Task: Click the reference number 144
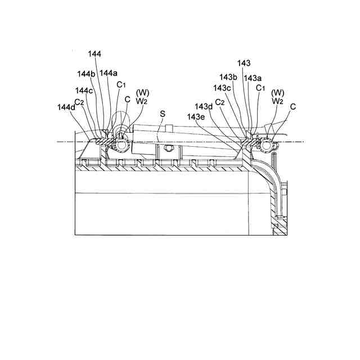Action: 94,53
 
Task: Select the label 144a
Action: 109,73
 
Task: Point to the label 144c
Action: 84,90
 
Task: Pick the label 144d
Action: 65,107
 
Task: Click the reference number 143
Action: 244,64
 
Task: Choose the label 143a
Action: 253,78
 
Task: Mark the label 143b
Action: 228,77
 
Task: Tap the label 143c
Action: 222,88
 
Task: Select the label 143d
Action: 204,106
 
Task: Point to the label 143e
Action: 196,116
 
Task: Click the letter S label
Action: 163,114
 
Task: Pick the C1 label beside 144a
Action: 121,85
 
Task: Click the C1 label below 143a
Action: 260,88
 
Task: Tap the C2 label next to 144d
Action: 79,102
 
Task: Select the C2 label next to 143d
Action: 220,102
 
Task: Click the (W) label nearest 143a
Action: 277,92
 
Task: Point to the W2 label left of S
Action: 142,101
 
